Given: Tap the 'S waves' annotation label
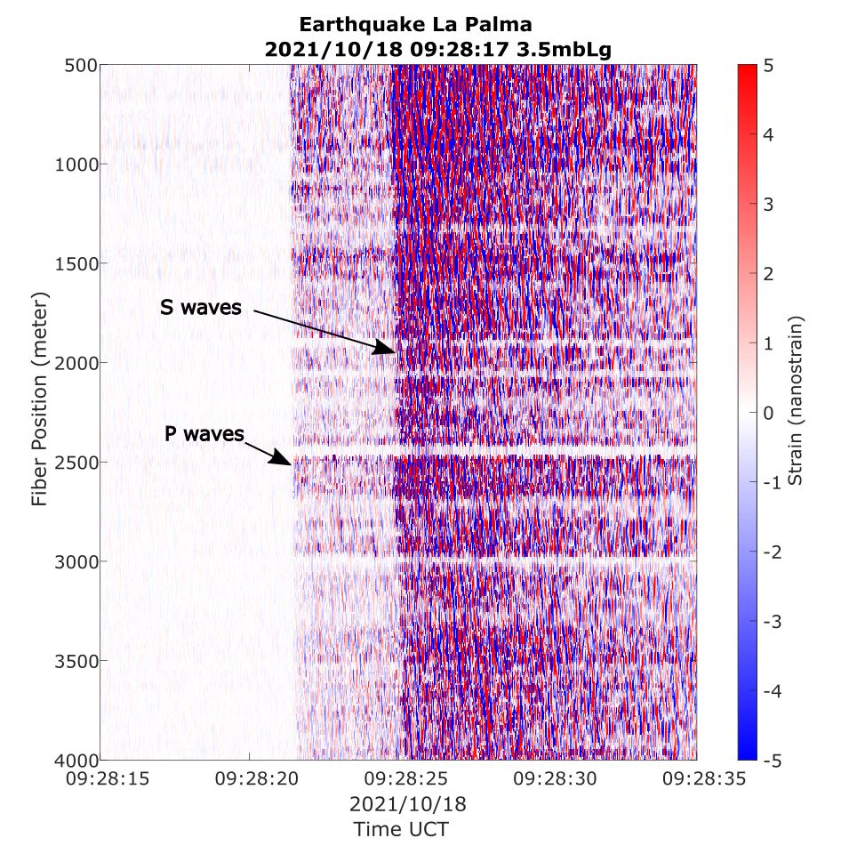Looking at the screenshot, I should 201,308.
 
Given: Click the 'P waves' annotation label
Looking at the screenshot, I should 204,434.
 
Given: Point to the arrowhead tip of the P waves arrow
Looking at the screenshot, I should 292,464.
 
